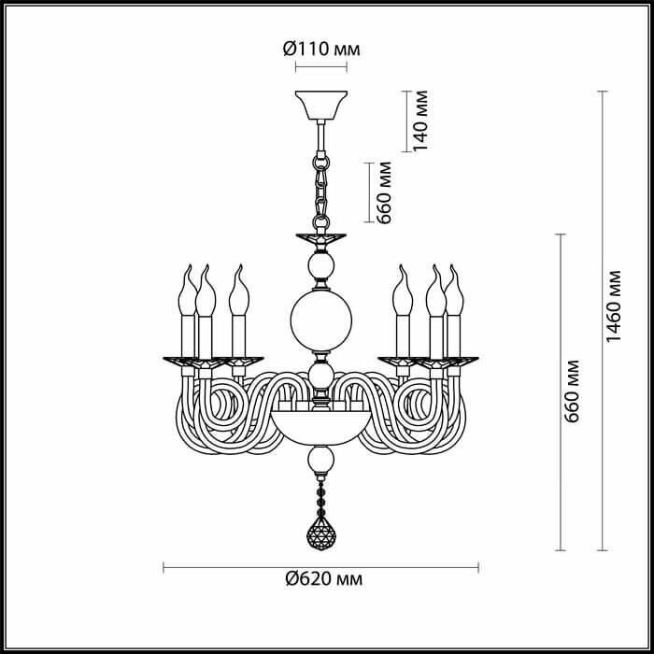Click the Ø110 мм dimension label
click(x=321, y=50)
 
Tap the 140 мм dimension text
click(x=419, y=121)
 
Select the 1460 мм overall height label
click(x=613, y=306)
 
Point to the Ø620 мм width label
click(x=323, y=579)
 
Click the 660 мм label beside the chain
click(x=383, y=192)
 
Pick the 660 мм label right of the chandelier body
click(x=571, y=391)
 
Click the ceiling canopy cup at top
click(x=321, y=105)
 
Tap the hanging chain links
click(x=321, y=191)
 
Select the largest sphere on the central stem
click(x=321, y=320)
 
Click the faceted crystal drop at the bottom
click(x=321, y=533)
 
